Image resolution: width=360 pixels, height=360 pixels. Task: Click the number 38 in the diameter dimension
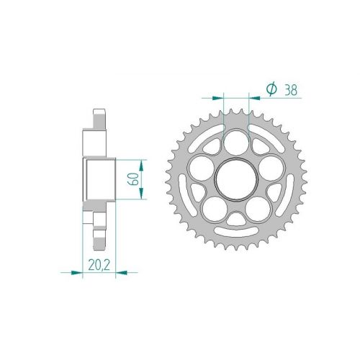coord(291,90)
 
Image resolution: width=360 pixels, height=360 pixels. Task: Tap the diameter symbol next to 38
coord(271,89)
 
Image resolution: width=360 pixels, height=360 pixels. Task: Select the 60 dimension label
coord(134,179)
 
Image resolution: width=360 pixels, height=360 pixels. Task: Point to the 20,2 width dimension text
coord(99,265)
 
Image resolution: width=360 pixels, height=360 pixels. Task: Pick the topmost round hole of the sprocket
coord(236,142)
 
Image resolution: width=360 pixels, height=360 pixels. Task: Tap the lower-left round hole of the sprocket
coord(215,209)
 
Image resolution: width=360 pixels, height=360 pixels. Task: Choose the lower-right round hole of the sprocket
coord(258,209)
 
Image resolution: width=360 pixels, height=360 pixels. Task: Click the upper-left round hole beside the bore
coord(201,168)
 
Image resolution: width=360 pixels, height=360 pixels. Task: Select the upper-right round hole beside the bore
coord(271,168)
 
